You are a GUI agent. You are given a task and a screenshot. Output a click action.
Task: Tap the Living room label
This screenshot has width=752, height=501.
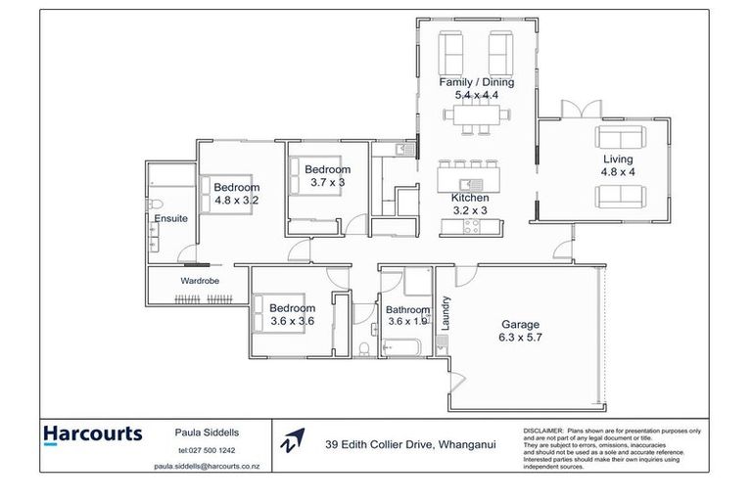[617, 159]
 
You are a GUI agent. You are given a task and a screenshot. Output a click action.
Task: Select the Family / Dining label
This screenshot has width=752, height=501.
[476, 82]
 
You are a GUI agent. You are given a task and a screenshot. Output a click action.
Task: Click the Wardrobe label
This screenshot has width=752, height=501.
[199, 281]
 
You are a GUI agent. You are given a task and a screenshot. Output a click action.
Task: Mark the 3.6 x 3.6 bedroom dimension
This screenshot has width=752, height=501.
[292, 320]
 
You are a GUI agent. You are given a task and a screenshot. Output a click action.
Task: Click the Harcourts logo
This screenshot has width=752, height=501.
[93, 433]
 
